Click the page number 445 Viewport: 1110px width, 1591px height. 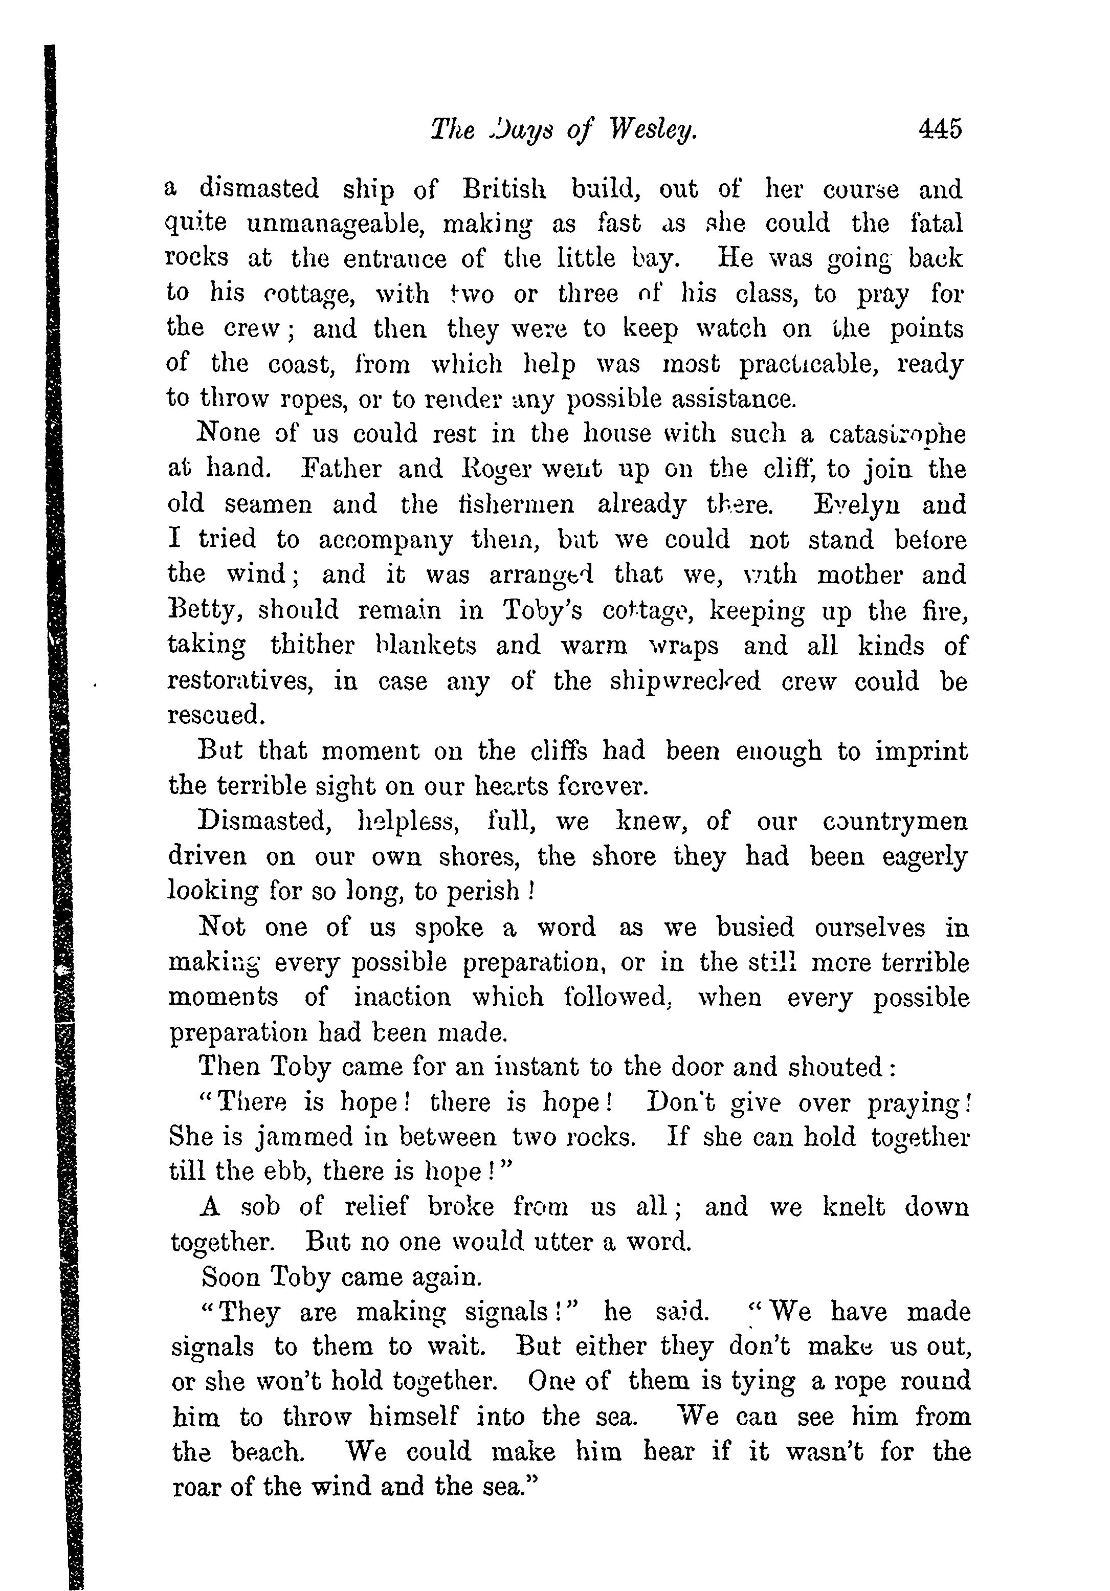940,129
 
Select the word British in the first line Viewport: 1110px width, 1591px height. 504,189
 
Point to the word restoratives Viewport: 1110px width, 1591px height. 240,681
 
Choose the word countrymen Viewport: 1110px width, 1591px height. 895,821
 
